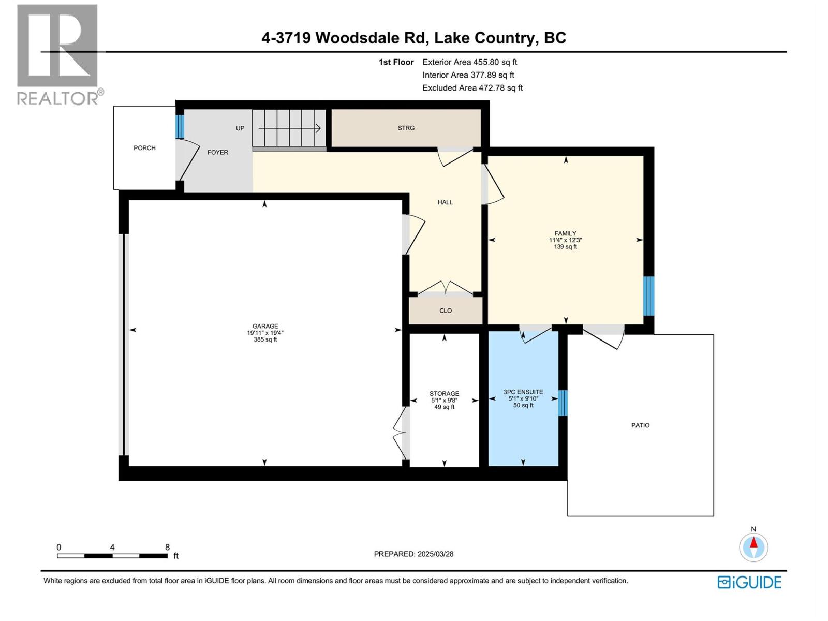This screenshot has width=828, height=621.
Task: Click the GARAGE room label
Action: point(265,327)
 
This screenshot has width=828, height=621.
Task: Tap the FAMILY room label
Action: point(565,233)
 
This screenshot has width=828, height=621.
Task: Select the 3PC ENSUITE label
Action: point(523,392)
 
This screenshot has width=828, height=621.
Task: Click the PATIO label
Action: point(640,425)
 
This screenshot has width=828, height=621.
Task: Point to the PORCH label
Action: point(144,148)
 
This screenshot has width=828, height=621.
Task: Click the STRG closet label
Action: point(406,128)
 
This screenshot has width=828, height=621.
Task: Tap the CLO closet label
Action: point(446,311)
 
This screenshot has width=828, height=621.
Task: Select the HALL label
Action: point(445,202)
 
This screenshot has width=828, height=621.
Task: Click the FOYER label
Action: point(218,153)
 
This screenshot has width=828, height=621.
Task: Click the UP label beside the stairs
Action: point(240,128)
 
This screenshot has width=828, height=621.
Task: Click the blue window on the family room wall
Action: point(648,296)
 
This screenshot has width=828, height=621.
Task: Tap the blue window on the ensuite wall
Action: point(563,403)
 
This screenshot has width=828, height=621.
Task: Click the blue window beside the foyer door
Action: point(180,127)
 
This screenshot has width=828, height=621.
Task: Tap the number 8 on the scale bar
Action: point(167,547)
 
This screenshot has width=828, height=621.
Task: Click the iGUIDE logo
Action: point(749,582)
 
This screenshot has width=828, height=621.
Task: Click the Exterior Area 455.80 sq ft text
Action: point(469,62)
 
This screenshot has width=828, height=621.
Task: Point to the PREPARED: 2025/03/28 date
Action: point(413,554)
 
